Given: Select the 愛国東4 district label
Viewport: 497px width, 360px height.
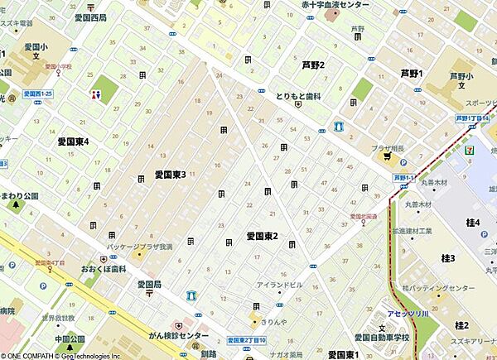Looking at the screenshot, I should pos(79,142).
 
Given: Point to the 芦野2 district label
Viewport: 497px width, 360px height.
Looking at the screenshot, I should pos(312,65).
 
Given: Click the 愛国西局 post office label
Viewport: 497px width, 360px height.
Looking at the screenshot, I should pos(90,17).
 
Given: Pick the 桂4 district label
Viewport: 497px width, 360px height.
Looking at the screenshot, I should pos(474,223).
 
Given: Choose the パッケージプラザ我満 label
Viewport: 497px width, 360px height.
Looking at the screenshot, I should pos(140,247).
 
